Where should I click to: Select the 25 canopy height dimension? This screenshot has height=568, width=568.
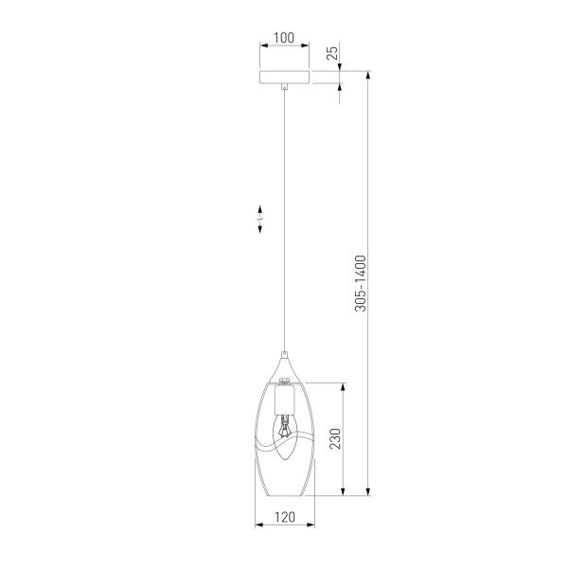(x=331, y=52)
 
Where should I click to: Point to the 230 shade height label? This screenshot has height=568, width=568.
(x=331, y=439)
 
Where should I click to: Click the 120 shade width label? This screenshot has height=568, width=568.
(x=284, y=517)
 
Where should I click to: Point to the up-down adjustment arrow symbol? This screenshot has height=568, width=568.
(x=258, y=220)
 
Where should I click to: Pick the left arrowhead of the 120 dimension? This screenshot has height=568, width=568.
(x=259, y=524)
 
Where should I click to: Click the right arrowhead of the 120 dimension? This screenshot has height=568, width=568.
(x=309, y=524)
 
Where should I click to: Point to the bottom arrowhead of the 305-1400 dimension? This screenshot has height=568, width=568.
(x=368, y=492)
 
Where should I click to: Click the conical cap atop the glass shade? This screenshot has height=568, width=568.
(x=284, y=364)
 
